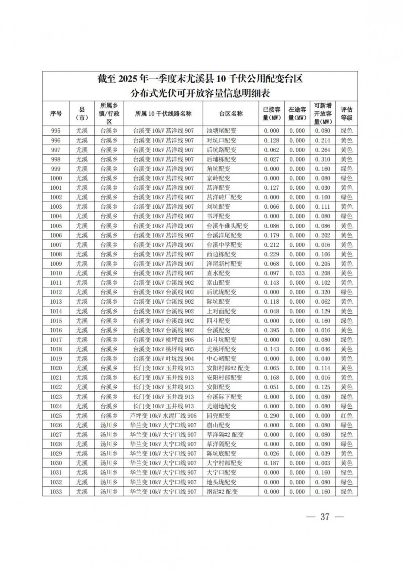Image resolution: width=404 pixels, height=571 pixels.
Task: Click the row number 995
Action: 56,131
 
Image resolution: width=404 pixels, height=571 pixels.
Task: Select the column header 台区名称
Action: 231,114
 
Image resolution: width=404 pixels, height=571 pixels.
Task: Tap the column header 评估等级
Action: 346,114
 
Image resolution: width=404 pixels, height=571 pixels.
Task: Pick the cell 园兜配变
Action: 218,416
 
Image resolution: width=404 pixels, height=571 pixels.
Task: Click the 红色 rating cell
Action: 346,416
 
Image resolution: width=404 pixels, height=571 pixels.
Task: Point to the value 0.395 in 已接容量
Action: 271,330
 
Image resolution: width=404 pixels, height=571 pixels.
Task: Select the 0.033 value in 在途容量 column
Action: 297,273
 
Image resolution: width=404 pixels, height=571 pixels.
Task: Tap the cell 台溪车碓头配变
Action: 227,226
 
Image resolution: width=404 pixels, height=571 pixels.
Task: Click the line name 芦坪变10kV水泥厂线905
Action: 163,416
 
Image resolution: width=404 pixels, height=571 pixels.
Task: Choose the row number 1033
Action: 56,491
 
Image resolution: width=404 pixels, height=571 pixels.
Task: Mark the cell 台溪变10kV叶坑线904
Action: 163,359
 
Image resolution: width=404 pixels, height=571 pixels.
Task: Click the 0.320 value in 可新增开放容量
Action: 322,292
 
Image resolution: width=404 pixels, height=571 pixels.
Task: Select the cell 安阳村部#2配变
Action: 228,368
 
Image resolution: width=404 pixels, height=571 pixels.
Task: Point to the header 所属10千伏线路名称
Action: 163,114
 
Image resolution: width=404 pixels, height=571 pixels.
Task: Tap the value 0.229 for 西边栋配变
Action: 271,254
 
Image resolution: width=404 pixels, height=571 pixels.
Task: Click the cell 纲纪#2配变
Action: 222,491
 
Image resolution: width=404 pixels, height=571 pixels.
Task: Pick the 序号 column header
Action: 56,114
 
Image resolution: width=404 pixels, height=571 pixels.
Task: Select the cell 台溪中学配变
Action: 224,245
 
